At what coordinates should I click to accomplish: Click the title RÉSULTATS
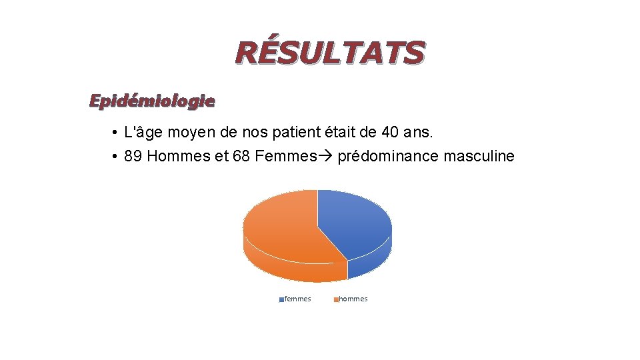point(329,53)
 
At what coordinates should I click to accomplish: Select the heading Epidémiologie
point(152,101)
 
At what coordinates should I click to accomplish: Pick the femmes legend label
point(297,299)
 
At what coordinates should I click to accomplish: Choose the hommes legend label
point(353,299)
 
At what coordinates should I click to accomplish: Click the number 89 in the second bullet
point(133,157)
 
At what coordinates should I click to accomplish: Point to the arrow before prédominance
point(326,157)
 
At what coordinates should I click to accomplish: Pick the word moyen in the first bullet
point(189,133)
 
